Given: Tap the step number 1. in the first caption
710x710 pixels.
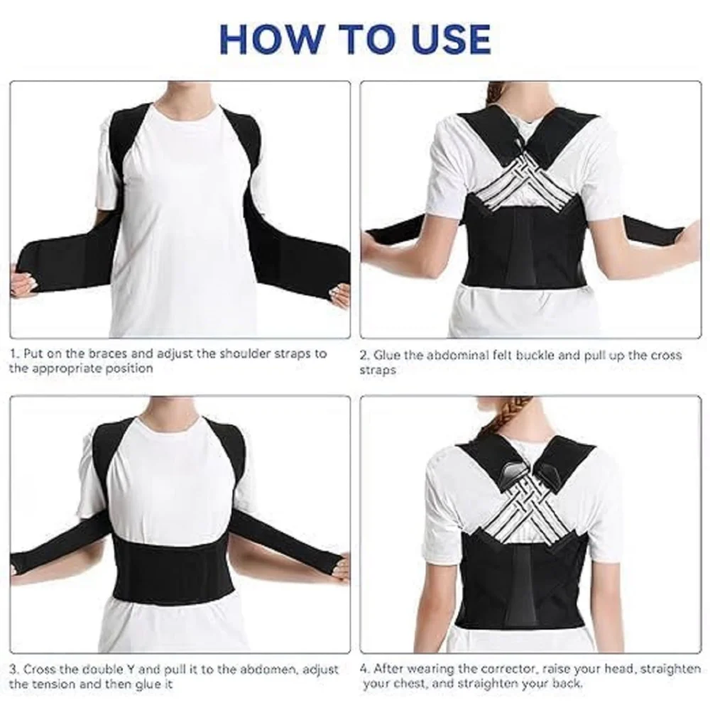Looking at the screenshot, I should pyautogui.click(x=15, y=353).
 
